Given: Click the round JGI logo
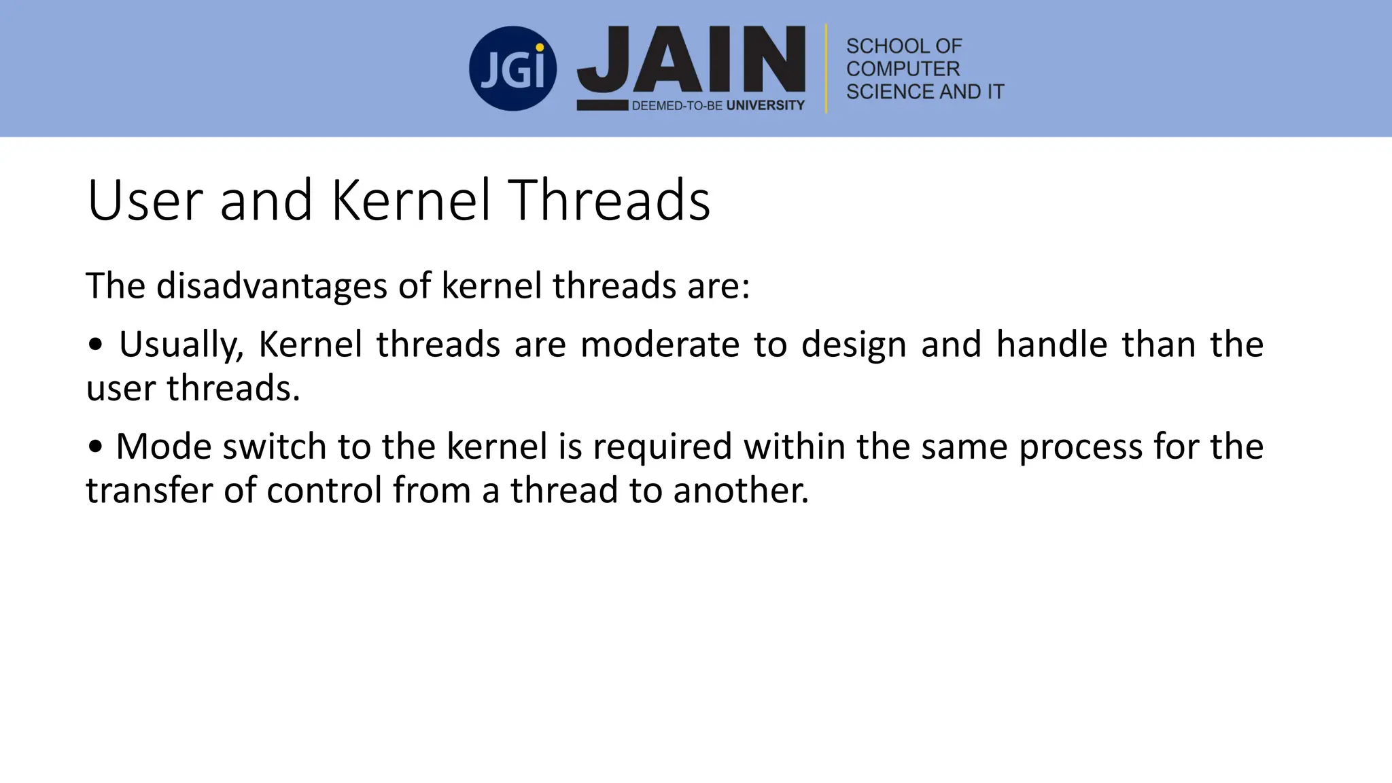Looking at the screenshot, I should pos(512,69).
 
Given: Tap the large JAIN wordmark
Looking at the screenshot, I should pos(691,60).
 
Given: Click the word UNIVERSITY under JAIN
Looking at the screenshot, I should pos(765,105).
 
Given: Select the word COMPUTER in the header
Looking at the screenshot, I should pos(903,69).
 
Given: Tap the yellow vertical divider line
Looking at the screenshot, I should pos(826,68).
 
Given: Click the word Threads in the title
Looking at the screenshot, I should pos(609,201).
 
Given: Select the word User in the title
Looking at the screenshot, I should pos(145,201).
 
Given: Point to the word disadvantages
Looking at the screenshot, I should pos(273,285).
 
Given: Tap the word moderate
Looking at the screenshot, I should pos(659,345).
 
